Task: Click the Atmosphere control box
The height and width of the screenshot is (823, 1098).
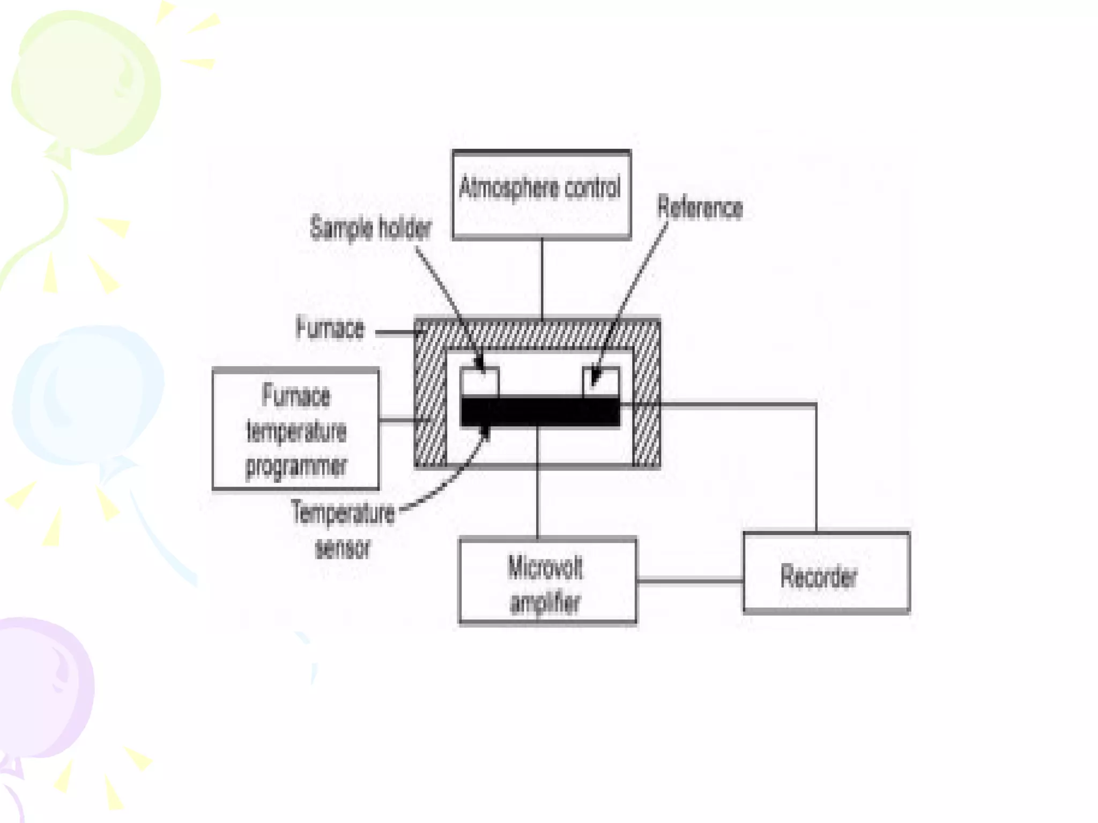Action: click(x=541, y=194)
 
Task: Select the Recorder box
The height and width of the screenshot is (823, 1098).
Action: click(x=826, y=572)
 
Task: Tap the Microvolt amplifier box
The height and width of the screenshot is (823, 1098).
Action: click(x=547, y=581)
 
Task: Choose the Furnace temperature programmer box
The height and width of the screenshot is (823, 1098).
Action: click(x=295, y=429)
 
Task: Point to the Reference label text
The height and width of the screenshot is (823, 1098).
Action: click(x=700, y=208)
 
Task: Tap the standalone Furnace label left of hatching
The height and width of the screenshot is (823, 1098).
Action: click(x=330, y=328)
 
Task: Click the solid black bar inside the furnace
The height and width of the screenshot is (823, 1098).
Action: click(x=540, y=411)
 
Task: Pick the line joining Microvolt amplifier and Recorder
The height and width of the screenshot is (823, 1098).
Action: click(x=690, y=581)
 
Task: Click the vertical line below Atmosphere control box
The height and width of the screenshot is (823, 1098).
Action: click(x=542, y=279)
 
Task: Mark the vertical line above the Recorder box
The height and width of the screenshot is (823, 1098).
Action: click(x=816, y=466)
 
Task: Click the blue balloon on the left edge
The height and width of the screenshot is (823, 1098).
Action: click(x=86, y=396)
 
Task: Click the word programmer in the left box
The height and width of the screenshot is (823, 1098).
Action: click(x=296, y=466)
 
